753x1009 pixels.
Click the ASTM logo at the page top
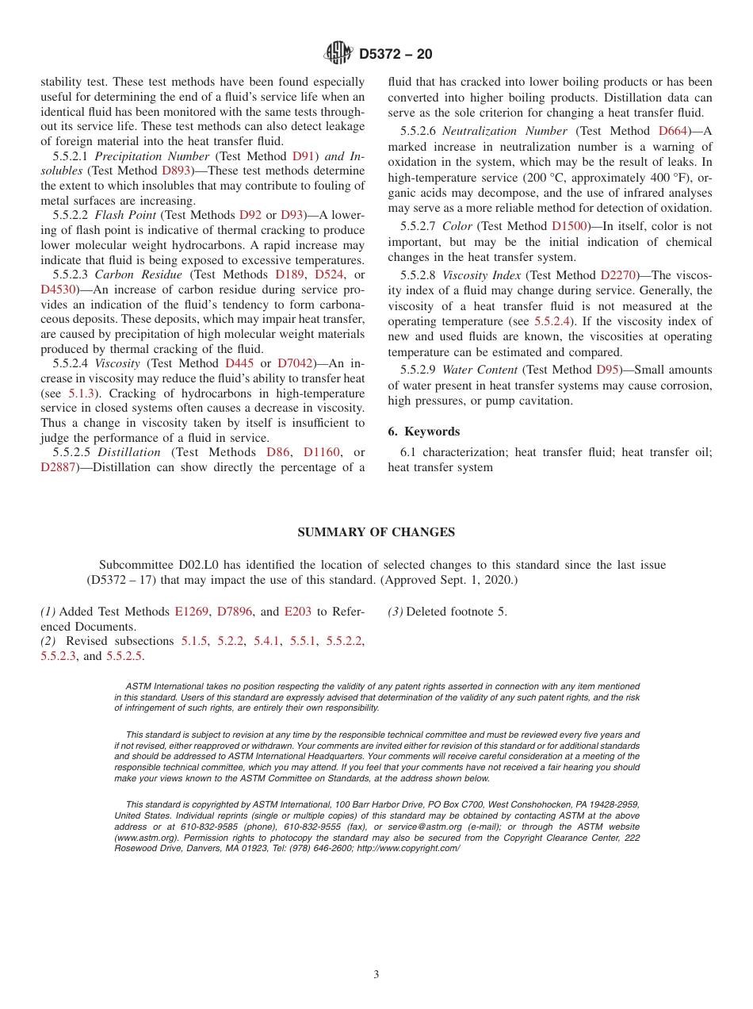[338, 53]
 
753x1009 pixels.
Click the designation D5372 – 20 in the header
[396, 55]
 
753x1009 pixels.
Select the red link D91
[303, 156]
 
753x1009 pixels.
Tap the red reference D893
[176, 171]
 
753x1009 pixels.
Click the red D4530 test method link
[57, 290]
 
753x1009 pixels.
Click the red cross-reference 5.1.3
[81, 393]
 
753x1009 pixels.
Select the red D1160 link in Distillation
[322, 452]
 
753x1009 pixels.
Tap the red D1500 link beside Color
[569, 226]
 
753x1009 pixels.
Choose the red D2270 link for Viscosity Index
[618, 275]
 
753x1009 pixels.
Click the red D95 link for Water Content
[606, 370]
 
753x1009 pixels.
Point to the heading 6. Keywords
[423, 432]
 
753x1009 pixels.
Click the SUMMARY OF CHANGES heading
[376, 532]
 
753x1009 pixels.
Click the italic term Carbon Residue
[132, 274]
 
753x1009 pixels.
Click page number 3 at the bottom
[376, 975]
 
